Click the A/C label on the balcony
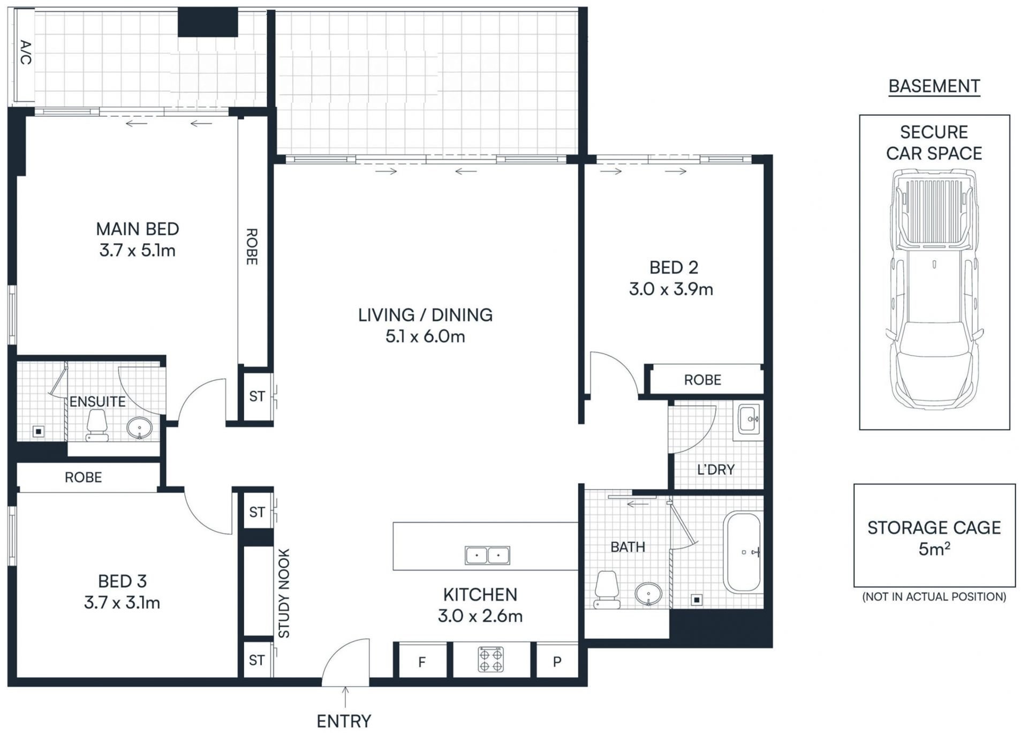click(26, 52)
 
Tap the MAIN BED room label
click(138, 229)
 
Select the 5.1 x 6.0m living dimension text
click(425, 336)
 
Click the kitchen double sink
click(487, 555)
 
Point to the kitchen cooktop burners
click(490, 659)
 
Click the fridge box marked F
click(421, 661)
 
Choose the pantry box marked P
click(557, 661)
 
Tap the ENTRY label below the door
click(344, 721)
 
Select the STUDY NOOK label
click(284, 593)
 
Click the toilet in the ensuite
click(97, 425)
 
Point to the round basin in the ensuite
click(140, 428)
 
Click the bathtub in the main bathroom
click(742, 552)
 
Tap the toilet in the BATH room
click(607, 590)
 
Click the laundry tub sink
click(749, 419)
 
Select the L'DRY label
click(716, 470)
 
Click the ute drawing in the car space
click(935, 289)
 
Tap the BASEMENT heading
click(934, 86)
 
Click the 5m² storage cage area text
click(934, 549)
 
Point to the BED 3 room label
click(122, 581)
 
